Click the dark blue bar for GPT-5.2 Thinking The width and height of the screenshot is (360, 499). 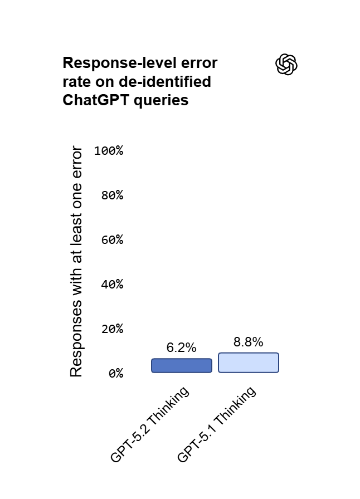coord(182,365)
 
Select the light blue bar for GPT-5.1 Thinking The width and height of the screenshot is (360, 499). coord(248,363)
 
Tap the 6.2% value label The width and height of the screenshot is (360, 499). coord(182,348)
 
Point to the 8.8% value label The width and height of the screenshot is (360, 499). coord(248,342)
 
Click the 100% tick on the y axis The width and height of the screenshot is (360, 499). coord(109,151)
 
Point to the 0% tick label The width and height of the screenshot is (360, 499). coord(115,374)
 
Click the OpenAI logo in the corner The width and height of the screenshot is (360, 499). coord(286,65)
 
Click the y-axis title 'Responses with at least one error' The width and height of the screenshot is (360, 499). coord(77,262)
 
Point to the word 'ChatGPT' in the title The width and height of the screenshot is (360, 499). coord(91,101)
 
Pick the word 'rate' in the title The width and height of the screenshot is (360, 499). coord(75,82)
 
